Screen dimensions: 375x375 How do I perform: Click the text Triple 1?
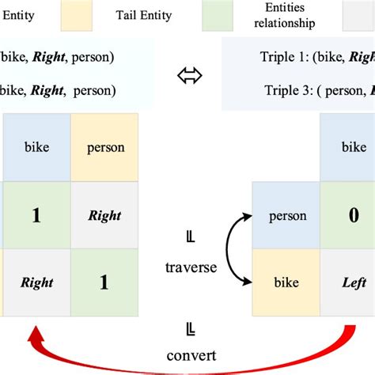pyautogui.click(x=282, y=57)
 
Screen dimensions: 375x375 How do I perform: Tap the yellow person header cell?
pyautogui.click(x=104, y=148)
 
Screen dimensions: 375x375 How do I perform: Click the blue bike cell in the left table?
pyautogui.click(x=37, y=148)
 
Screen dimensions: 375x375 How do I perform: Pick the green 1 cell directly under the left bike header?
pyautogui.click(x=36, y=215)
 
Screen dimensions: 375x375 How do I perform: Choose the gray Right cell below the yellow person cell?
pyautogui.click(x=104, y=215)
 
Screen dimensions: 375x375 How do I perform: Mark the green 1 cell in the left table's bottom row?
pyautogui.click(x=104, y=282)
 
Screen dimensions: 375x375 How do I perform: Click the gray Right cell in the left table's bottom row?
pyautogui.click(x=36, y=282)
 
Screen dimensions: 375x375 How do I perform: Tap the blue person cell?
pyautogui.click(x=287, y=215)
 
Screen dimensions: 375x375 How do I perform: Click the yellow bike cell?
pyautogui.click(x=287, y=282)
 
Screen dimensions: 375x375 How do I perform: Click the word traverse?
pyautogui.click(x=190, y=267)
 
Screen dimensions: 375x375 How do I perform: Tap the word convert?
pyautogui.click(x=191, y=356)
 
